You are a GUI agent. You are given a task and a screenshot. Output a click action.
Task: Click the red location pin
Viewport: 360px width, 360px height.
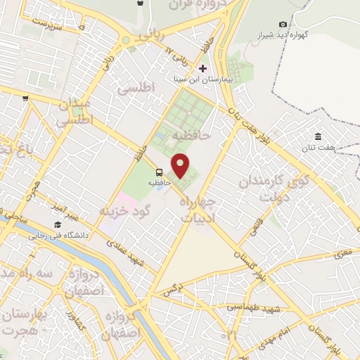(181, 166)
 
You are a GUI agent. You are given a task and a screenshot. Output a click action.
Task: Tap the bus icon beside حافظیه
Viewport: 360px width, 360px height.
(160, 172)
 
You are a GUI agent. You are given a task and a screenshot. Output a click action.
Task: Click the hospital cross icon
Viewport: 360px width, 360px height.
(203, 68)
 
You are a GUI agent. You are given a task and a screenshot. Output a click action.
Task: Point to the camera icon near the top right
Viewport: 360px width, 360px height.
(283, 24)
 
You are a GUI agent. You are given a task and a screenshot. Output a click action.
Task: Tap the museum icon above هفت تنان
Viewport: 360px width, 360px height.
(318, 136)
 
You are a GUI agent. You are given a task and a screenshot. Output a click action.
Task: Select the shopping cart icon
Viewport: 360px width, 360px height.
(25, 98)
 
